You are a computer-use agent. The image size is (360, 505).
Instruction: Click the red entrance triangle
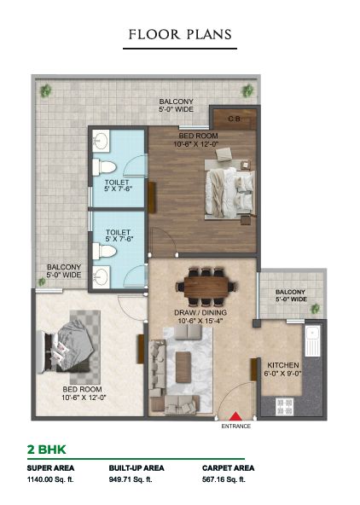235,416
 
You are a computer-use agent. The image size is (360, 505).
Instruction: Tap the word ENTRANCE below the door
235,427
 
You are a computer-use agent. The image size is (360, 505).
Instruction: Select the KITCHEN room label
283,365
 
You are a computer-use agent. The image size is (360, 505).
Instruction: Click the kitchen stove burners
285,407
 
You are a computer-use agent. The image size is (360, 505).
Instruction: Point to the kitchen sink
313,340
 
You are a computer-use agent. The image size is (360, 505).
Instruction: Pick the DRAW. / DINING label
200,312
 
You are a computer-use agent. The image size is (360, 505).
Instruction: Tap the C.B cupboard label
234,119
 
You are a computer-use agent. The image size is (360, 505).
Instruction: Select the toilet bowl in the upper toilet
104,167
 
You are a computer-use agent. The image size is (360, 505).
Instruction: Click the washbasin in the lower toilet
102,276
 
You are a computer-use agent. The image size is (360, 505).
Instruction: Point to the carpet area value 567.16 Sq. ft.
224,479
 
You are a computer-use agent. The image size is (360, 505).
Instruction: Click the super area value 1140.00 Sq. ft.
50,479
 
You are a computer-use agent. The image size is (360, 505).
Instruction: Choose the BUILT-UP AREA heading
136,468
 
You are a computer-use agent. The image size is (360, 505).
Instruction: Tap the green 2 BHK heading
46,450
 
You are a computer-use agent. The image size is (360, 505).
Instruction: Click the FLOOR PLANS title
180,34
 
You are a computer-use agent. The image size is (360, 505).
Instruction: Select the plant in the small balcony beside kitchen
315,309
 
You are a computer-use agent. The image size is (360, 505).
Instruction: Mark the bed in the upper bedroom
230,194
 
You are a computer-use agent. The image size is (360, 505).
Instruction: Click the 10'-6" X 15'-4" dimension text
200,321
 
